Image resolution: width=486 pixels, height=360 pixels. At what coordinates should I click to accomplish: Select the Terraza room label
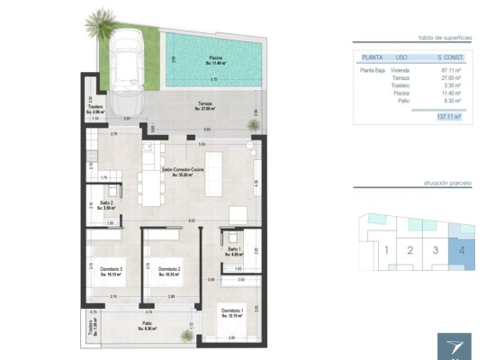(205, 105)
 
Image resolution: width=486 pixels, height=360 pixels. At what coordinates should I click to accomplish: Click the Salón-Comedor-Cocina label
(183, 170)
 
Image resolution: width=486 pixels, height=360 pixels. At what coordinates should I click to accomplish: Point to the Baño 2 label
(106, 204)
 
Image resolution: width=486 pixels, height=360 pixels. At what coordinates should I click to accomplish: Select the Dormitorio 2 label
(170, 270)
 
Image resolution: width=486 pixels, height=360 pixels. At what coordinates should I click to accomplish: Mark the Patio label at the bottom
(146, 326)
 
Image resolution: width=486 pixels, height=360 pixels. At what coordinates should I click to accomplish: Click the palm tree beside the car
(97, 20)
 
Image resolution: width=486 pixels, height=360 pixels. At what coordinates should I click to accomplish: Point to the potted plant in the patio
(186, 336)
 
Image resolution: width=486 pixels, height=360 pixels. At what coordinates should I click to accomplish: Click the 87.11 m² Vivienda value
(451, 69)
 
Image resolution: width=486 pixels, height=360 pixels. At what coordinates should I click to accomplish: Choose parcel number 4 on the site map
(462, 251)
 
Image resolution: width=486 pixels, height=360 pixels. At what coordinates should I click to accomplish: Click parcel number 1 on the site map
(385, 251)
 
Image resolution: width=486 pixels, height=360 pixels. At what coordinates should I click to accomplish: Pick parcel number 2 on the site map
(410, 251)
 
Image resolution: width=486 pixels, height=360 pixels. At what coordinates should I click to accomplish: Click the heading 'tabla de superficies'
(440, 38)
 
